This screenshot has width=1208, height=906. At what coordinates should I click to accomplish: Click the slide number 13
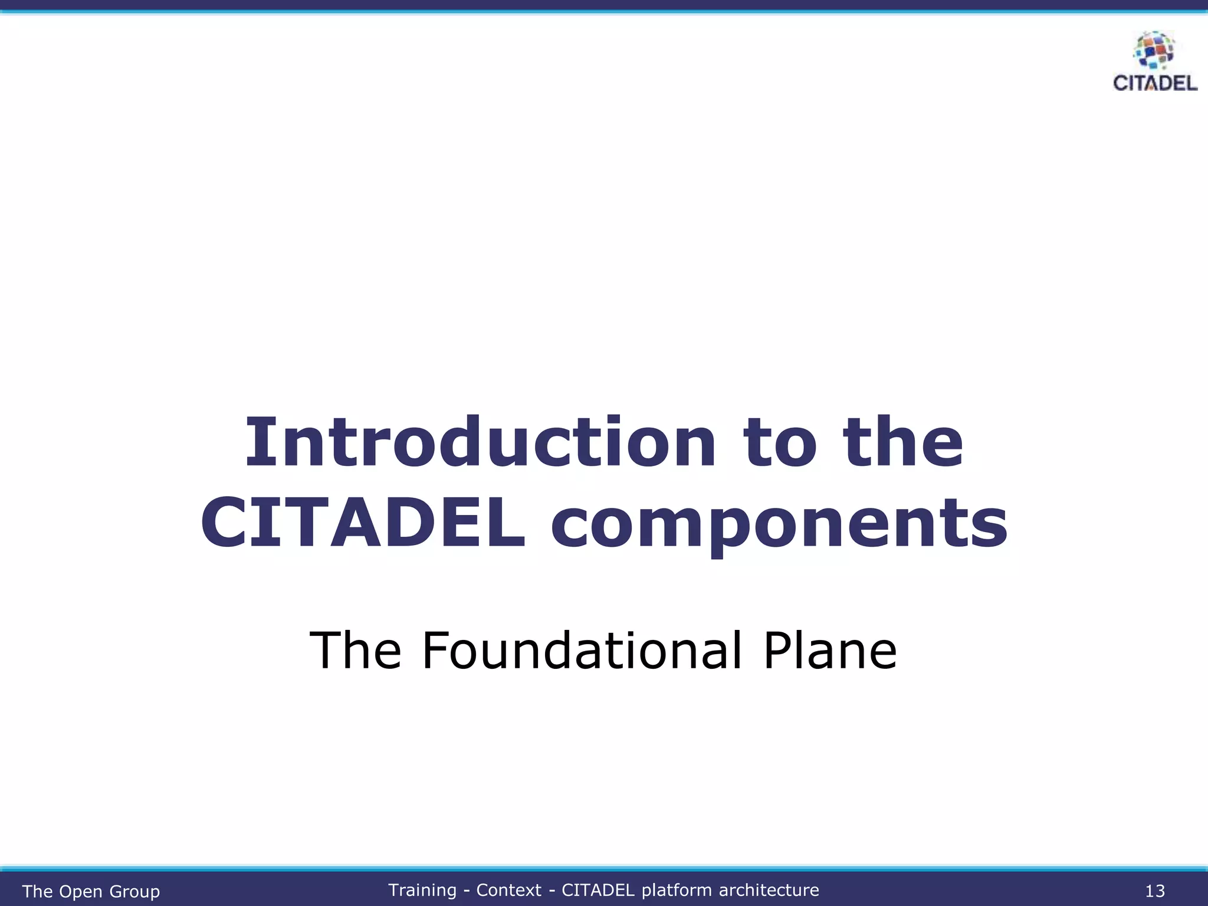click(x=1154, y=891)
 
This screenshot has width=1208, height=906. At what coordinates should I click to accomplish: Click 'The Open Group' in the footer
click(x=91, y=891)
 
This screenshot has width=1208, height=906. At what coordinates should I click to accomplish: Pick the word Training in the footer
click(x=422, y=889)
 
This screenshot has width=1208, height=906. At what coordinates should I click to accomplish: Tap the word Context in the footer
click(x=508, y=889)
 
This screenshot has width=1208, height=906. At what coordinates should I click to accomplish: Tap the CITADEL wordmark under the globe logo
click(x=1155, y=83)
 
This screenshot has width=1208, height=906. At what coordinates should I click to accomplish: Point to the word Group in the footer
click(x=134, y=891)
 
